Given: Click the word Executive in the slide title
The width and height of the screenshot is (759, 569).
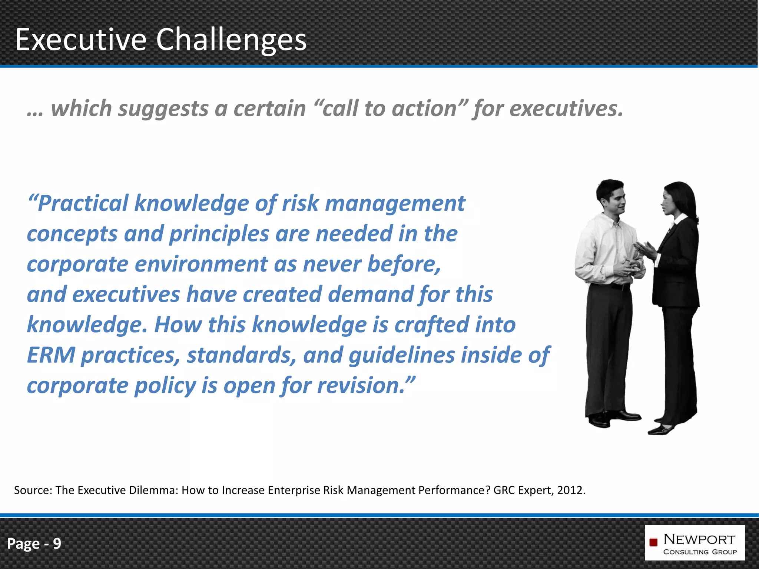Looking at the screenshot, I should coord(81,40).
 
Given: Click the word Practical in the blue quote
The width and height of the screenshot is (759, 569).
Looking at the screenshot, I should coord(83,204).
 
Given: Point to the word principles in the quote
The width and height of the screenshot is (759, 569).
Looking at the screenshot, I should coord(219,234).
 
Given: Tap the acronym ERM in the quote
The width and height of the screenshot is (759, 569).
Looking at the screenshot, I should coord(51,355).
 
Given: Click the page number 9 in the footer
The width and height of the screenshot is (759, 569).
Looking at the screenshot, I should coord(57,544).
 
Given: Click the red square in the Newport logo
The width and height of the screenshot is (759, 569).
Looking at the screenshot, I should coord(653,542).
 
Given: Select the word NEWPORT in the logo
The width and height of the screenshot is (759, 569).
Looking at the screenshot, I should coord(699,539).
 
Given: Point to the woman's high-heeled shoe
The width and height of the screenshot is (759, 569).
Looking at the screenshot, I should coord(662,430).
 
